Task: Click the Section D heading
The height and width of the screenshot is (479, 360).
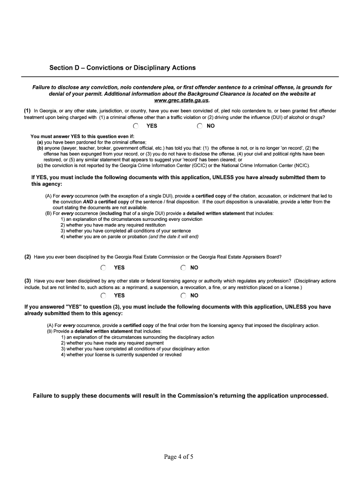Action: [122, 68]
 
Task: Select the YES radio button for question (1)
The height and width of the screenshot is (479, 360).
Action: [136, 126]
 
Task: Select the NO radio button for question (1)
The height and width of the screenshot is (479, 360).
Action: [200, 126]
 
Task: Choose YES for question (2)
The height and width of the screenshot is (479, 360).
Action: [103, 268]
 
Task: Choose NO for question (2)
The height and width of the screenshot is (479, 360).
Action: [183, 268]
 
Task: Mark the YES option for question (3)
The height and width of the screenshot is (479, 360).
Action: [103, 296]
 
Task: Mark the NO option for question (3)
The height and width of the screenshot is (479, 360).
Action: [183, 296]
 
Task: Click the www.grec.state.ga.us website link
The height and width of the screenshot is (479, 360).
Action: [181, 100]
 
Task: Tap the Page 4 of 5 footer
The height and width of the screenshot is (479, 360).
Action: [179, 457]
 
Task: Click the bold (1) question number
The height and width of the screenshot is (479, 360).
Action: [28, 111]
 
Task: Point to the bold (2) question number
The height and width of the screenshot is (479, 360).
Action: [28, 257]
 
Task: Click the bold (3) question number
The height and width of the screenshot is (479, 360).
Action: [28, 281]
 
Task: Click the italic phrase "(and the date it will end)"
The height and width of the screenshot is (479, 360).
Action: [173, 237]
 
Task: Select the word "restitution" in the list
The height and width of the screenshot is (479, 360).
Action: [152, 225]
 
